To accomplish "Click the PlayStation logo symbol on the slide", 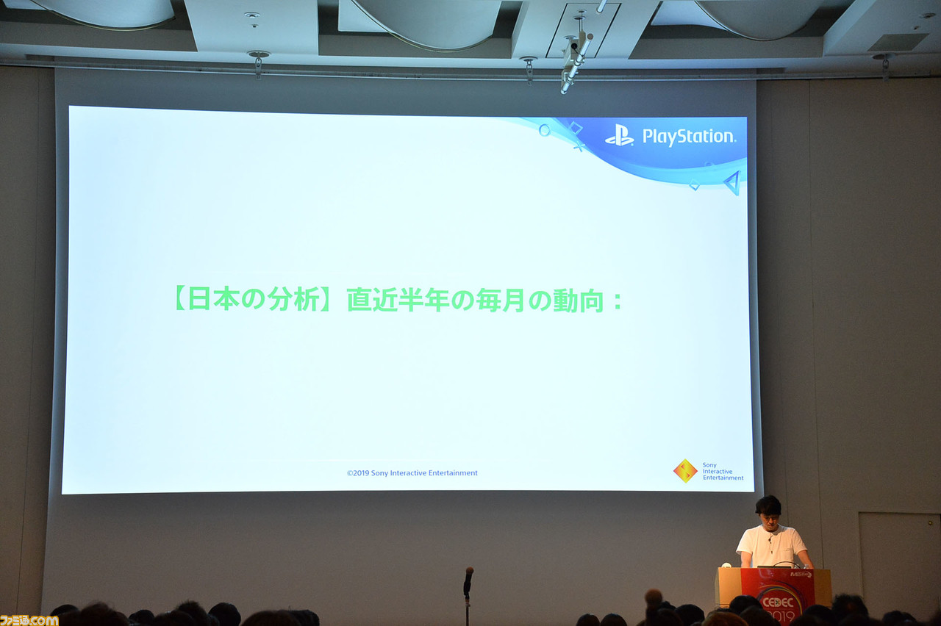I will coord(619,136).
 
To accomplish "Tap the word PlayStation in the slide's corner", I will coord(688,137).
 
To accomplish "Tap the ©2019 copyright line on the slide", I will coord(412,473).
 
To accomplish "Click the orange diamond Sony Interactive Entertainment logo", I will coord(685,471).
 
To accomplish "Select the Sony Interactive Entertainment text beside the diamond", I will coord(722,471).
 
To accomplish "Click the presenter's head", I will coord(768,508).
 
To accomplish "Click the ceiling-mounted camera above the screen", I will coord(576,59).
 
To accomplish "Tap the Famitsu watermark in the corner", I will coord(29,619).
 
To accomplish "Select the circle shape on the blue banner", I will coord(544,130).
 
